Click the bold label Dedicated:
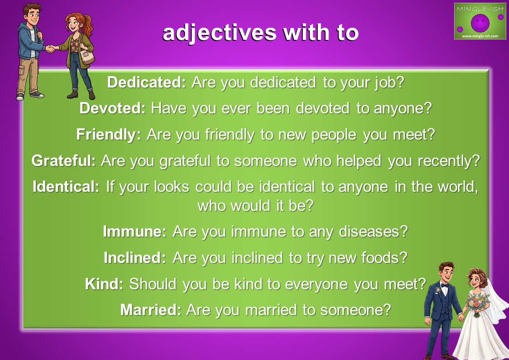click(146, 83)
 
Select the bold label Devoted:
click(113, 108)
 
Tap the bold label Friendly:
click(109, 135)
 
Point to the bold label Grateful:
click(63, 161)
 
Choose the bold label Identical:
click(66, 187)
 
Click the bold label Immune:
click(135, 232)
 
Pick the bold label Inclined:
click(135, 258)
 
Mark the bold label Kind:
click(104, 284)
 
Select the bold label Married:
click(151, 310)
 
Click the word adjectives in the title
click(219, 34)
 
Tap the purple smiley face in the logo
click(480, 23)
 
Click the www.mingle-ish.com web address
click(480, 36)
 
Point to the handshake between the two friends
click(51, 49)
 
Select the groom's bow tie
click(444, 285)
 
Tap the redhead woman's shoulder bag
click(87, 57)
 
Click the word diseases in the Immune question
click(373, 232)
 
